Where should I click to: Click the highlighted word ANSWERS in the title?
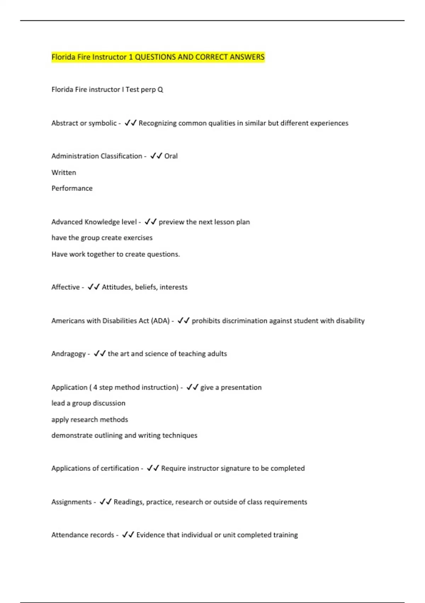[x=247, y=57]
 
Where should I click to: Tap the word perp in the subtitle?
[x=148, y=90]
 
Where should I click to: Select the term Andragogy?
[x=68, y=354]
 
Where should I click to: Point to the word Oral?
[x=171, y=156]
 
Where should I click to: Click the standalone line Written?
[x=64, y=173]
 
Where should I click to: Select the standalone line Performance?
[x=72, y=188]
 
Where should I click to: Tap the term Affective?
[x=66, y=287]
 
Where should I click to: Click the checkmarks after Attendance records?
[x=128, y=535]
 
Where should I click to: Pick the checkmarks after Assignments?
[x=106, y=502]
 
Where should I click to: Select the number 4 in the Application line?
[x=95, y=387]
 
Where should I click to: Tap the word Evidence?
[x=150, y=535]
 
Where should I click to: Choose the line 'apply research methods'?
[x=90, y=420]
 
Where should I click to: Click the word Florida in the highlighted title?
[x=64, y=57]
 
